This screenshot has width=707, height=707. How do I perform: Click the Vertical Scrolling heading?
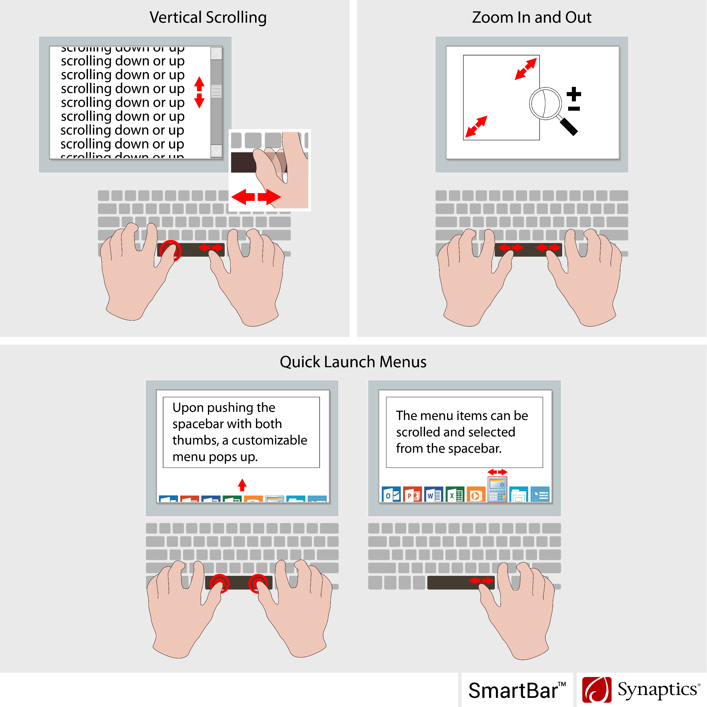pyautogui.click(x=208, y=17)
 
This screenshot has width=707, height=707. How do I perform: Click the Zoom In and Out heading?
pyautogui.click(x=531, y=17)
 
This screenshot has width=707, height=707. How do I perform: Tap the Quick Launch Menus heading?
pyautogui.click(x=353, y=362)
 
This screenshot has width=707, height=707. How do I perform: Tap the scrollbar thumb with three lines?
pyautogui.click(x=216, y=91)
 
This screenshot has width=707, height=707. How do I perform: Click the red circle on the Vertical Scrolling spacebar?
pyautogui.click(x=171, y=250)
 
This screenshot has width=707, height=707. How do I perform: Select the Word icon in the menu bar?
pyautogui.click(x=434, y=495)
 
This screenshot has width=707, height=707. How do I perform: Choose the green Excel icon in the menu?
pyautogui.click(x=455, y=495)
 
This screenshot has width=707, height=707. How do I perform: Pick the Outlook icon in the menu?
pyautogui.click(x=391, y=495)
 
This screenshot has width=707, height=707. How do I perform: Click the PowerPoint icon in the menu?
pyautogui.click(x=412, y=495)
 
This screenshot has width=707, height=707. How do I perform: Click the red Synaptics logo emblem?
pyautogui.click(x=596, y=690)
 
